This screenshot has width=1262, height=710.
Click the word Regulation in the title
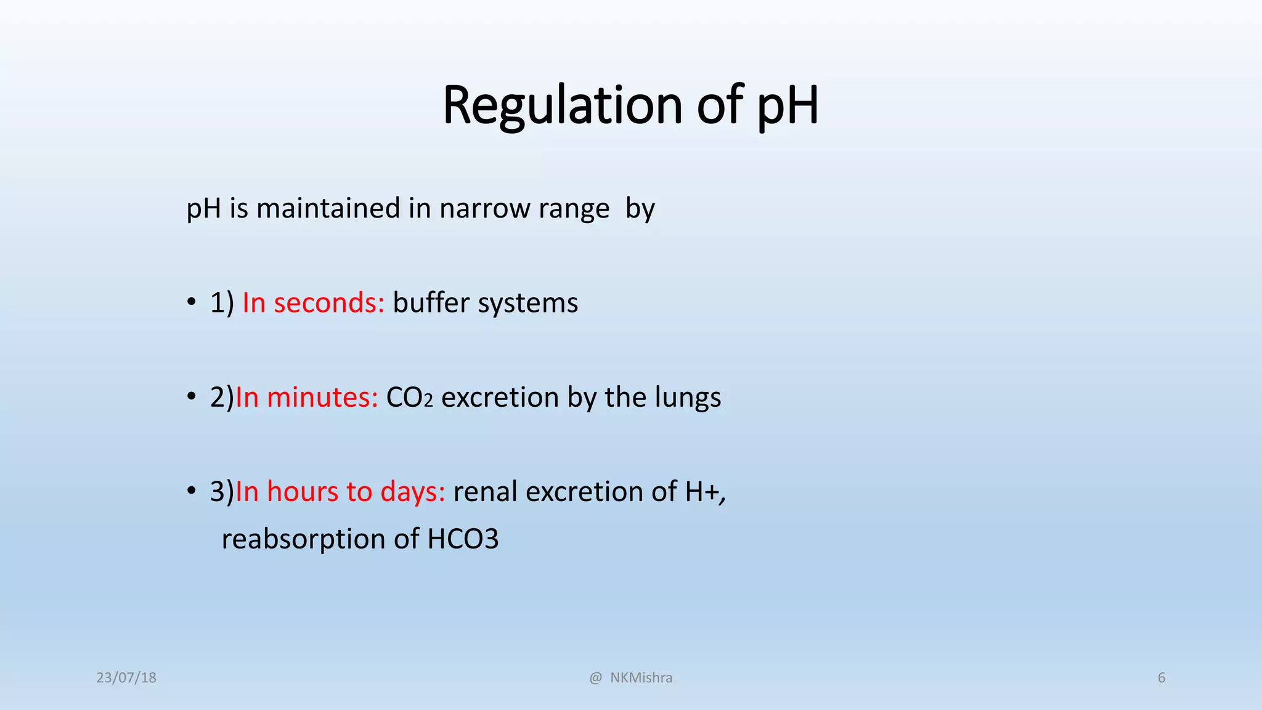tap(562, 106)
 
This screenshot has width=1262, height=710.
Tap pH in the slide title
tap(788, 106)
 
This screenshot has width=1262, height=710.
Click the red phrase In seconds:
tap(313, 303)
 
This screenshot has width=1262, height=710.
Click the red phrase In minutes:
tap(306, 397)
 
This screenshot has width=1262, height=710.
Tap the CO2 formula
tap(409, 398)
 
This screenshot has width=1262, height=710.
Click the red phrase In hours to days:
tap(340, 492)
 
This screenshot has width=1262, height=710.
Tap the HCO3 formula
tap(463, 539)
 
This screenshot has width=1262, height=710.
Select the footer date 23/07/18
tap(126, 678)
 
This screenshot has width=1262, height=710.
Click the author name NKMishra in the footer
tap(641, 678)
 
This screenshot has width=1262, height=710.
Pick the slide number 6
tap(1162, 678)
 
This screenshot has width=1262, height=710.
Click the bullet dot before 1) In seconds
tap(192, 303)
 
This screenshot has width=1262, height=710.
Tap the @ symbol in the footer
tap(595, 678)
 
